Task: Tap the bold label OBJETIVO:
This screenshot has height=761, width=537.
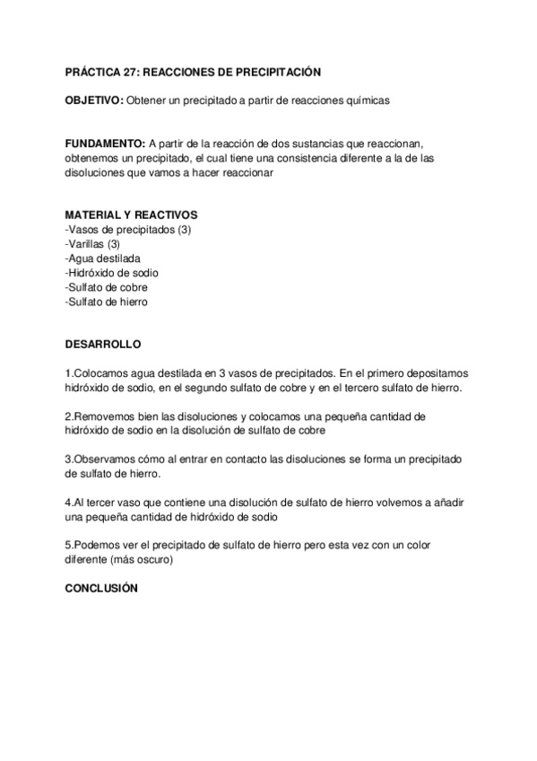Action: [x=94, y=102]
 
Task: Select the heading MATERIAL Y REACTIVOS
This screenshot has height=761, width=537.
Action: [x=131, y=215]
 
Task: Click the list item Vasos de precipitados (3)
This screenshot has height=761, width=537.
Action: [x=128, y=230]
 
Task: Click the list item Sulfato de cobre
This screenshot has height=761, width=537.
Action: [x=107, y=287]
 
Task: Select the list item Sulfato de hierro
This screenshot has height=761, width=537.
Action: [x=107, y=302]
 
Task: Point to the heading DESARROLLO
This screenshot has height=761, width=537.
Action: [x=103, y=344]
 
